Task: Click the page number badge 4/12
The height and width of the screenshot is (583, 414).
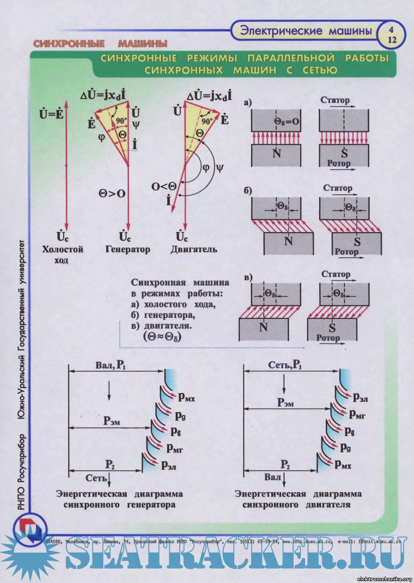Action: pyautogui.click(x=392, y=35)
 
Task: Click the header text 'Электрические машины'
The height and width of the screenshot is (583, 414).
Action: pyautogui.click(x=306, y=31)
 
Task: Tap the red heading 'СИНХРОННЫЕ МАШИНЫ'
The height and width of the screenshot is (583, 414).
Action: pyautogui.click(x=100, y=43)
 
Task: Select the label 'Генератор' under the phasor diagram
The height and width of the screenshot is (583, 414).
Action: pyautogui.click(x=128, y=249)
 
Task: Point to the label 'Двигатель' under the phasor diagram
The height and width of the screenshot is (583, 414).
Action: pyautogui.click(x=194, y=249)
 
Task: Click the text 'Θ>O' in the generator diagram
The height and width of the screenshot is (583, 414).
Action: pyautogui.click(x=112, y=193)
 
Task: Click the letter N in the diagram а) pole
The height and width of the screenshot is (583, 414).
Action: pyautogui.click(x=276, y=154)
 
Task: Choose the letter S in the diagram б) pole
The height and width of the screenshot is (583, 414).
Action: pyautogui.click(x=357, y=242)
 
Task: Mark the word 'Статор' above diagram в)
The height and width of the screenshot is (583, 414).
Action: pyautogui.click(x=335, y=274)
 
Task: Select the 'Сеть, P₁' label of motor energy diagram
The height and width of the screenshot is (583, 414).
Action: pyautogui.click(x=285, y=365)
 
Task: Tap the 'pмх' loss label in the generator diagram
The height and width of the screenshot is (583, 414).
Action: pyautogui.click(x=187, y=397)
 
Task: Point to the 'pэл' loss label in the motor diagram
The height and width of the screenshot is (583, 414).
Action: pyautogui.click(x=360, y=397)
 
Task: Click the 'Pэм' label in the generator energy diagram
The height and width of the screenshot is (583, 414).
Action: pyautogui.click(x=112, y=421)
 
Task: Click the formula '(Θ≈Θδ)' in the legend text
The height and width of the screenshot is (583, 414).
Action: pyautogui.click(x=162, y=336)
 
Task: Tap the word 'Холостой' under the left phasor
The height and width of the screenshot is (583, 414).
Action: pyautogui.click(x=63, y=249)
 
